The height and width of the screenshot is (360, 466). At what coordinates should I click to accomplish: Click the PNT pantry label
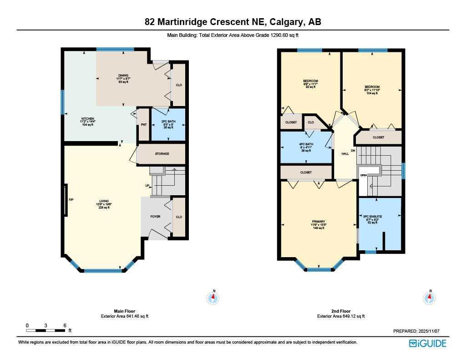click(x=143, y=125)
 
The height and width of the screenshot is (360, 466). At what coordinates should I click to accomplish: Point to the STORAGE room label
click(x=162, y=154)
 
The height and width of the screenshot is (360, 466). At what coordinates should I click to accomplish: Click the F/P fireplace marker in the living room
click(x=71, y=200)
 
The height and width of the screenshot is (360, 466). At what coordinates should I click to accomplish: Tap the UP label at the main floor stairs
click(x=147, y=185)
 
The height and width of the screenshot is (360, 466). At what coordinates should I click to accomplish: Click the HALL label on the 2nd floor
click(x=345, y=154)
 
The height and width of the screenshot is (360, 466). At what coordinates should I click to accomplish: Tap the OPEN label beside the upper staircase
click(x=364, y=175)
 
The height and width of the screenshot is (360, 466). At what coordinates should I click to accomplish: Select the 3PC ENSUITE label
click(x=372, y=217)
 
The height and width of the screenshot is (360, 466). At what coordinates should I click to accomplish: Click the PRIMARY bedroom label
click(x=318, y=222)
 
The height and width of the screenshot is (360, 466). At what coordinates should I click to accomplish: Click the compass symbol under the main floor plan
click(x=213, y=298)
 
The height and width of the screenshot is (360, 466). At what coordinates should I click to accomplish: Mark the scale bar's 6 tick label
click(x=65, y=325)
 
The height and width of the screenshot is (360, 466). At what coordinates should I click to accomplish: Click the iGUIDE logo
click(x=427, y=343)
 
